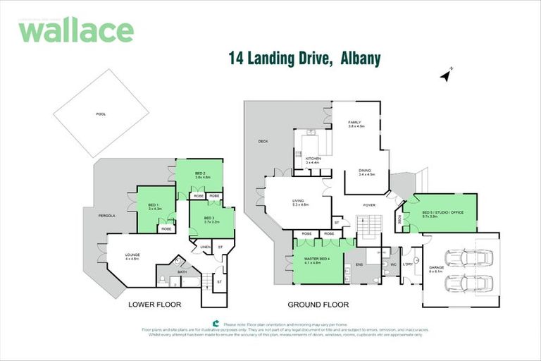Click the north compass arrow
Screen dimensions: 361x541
click(x=445, y=74)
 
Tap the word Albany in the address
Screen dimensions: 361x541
click(x=360, y=60)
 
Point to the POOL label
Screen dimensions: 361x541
click(x=101, y=114)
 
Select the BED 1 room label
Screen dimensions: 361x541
click(x=155, y=205)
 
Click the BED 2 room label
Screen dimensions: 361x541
click(x=199, y=176)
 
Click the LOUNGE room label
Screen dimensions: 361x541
click(x=132, y=257)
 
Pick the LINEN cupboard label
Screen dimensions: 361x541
click(x=205, y=247)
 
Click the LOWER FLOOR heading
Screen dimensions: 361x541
click(x=154, y=305)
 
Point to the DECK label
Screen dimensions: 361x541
click(x=263, y=141)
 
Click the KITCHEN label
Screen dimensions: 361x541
click(x=313, y=159)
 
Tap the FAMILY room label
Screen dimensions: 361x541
click(x=354, y=124)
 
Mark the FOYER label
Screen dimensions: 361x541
click(x=368, y=205)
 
